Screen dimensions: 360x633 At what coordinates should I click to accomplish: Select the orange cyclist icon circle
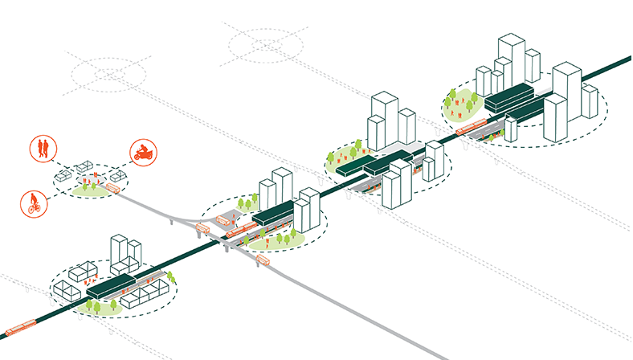[32, 202]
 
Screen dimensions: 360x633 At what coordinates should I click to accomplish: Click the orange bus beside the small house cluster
[112, 190]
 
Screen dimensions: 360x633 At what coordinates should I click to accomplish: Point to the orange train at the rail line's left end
[20, 328]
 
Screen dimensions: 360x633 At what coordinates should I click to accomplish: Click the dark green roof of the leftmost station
[109, 285]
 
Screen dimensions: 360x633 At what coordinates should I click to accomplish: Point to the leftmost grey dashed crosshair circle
[107, 76]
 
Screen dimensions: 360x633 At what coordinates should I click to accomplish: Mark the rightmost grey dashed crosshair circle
[264, 43]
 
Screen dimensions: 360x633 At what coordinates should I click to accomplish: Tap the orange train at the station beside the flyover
[239, 231]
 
